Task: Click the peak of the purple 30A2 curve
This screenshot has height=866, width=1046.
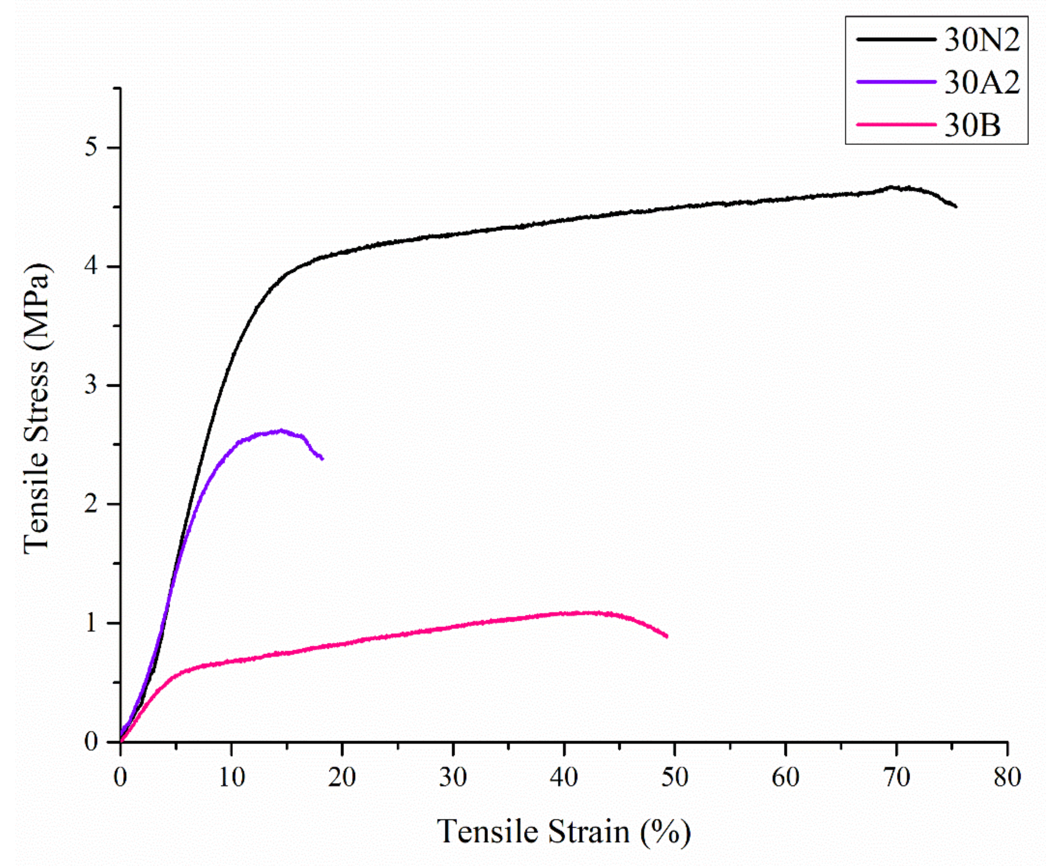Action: [281, 430]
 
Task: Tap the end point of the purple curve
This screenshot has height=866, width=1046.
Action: [323, 459]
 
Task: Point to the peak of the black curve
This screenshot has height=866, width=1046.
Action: [891, 187]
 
